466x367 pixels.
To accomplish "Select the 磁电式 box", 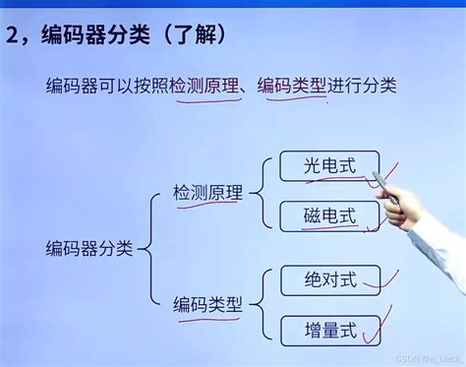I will coord(315,214).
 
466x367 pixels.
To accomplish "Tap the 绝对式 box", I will coord(315,281).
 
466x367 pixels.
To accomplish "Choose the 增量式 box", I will coord(315,329).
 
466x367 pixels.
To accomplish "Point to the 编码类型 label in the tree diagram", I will coord(207,304).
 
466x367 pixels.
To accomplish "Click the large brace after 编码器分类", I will coord(150,247).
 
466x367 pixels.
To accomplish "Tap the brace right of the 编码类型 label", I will coord(259,304).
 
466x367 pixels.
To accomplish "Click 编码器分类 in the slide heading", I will coord(92,36).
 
